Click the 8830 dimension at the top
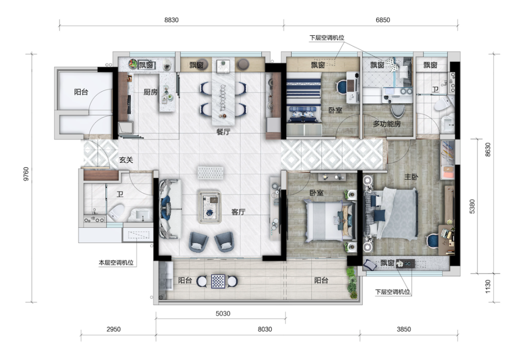tap(171, 20)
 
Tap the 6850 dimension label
tap(383, 20)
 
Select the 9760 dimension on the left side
tap(26, 174)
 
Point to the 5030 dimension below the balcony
tap(223, 313)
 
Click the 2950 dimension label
tap(113, 329)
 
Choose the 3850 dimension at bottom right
tap(403, 329)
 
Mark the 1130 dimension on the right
tap(488, 287)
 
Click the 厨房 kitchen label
tap(151, 92)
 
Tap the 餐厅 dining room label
tap(223, 132)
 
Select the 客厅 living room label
tap(238, 212)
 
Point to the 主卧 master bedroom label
tap(411, 176)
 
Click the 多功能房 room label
tap(386, 124)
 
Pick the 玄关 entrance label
tap(126, 160)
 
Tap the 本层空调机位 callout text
tap(116, 263)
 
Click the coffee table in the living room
tap(210, 206)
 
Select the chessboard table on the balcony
tap(218, 281)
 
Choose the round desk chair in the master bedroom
tap(432, 241)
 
